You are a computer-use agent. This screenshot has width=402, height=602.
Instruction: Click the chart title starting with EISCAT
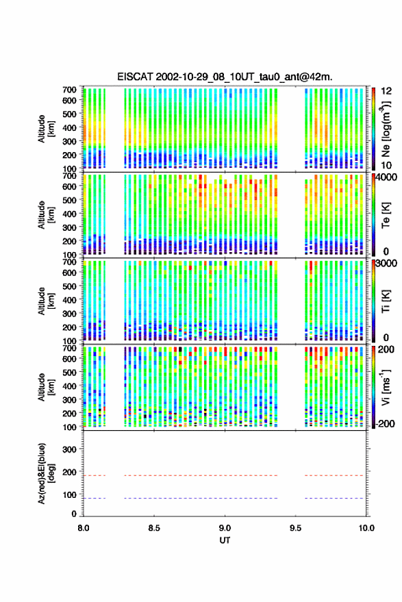225,77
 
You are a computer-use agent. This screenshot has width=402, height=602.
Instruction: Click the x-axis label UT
225,540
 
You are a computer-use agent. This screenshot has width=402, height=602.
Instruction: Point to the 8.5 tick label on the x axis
154,528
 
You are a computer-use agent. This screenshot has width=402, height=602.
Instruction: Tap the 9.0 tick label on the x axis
225,528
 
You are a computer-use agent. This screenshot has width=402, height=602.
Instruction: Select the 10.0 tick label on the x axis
366,528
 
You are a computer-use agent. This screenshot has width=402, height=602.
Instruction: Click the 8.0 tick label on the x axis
84,528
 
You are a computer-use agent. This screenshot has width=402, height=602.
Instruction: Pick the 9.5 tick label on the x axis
295,528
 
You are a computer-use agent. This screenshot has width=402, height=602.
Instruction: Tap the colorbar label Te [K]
386,215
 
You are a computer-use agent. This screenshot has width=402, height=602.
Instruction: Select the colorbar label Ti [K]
386,301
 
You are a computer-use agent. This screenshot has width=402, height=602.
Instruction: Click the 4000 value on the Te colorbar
387,178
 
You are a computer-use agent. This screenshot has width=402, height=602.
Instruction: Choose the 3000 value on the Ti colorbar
387,264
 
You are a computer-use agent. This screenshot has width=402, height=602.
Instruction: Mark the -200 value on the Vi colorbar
385,423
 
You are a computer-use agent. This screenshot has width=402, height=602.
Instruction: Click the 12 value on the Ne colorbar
387,91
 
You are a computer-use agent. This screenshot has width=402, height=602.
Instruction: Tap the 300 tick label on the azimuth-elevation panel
69,449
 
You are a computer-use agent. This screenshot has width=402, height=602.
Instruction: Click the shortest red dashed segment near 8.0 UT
95,475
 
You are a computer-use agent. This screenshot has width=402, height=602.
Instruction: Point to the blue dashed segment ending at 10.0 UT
334,498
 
